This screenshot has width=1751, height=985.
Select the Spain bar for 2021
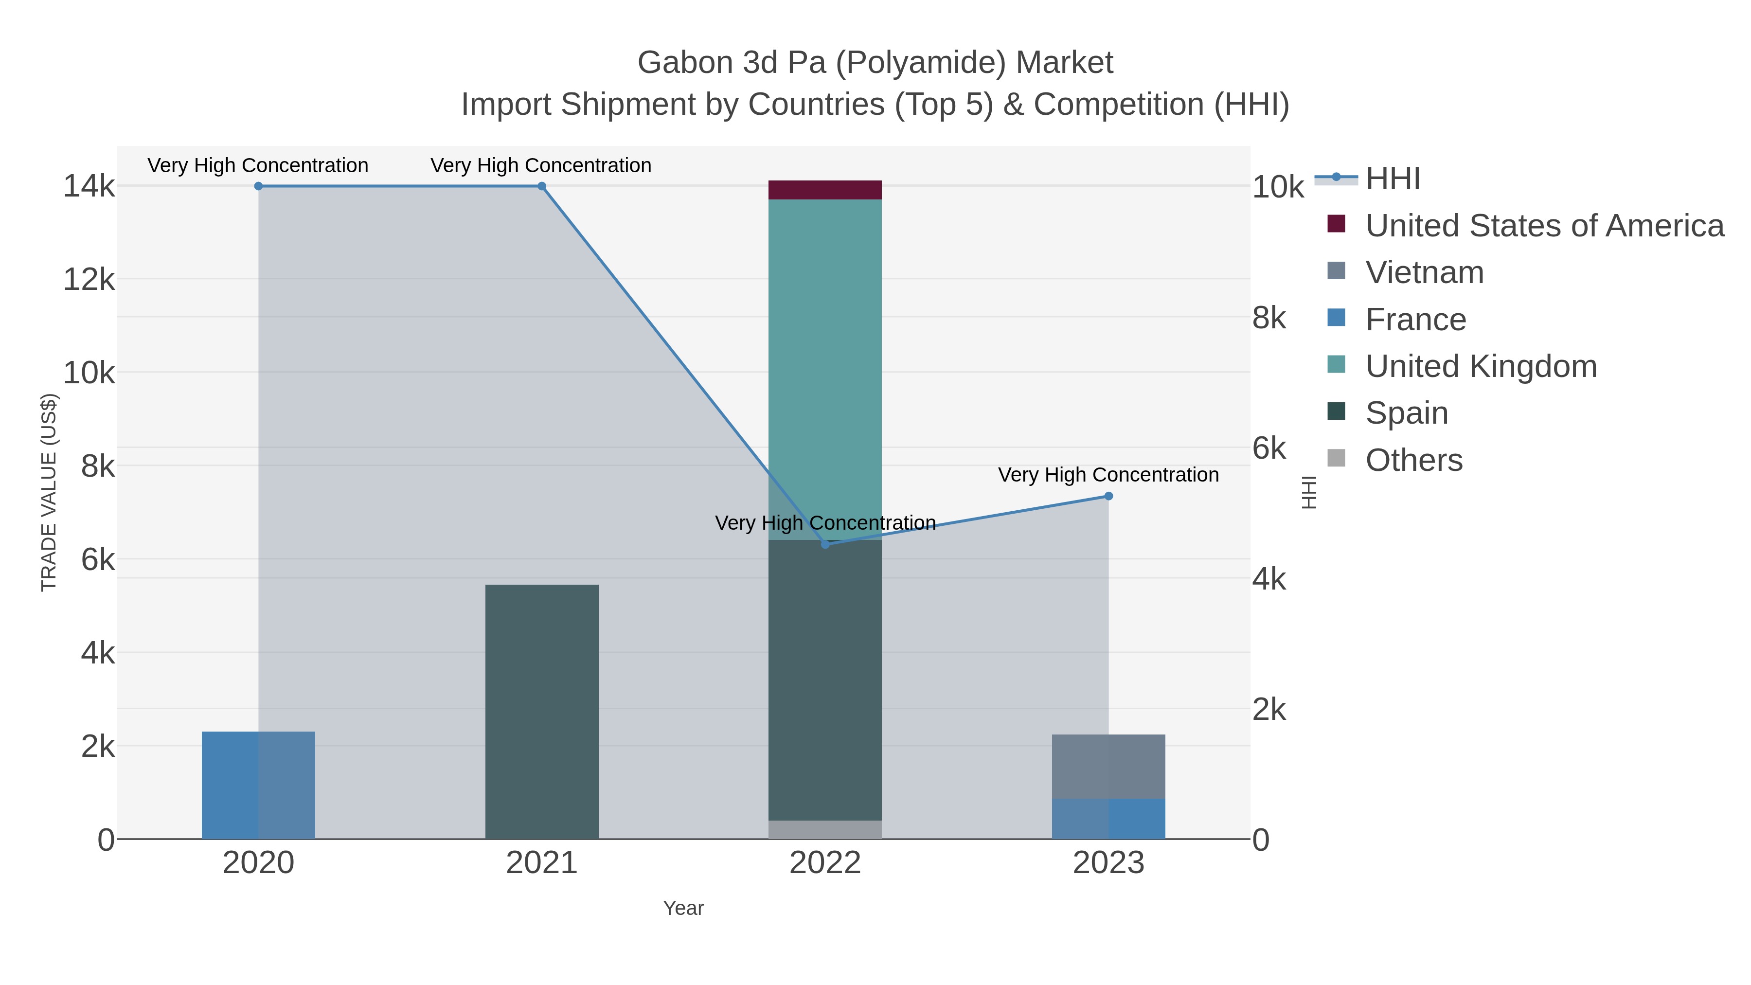[x=542, y=711]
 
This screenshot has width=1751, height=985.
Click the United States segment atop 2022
[x=824, y=190]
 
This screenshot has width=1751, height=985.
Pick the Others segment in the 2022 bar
[x=824, y=829]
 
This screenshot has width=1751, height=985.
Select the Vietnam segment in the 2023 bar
[x=1108, y=766]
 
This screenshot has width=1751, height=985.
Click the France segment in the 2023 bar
[x=1108, y=819]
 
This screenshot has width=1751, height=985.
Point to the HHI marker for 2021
[x=542, y=186]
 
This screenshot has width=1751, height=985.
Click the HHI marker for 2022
[x=825, y=544]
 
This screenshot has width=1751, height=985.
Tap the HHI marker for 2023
[x=1108, y=496]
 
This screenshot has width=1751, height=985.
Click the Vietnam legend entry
[x=1424, y=272]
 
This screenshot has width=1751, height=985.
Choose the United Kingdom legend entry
[x=1481, y=366]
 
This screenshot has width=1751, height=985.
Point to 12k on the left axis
[x=89, y=279]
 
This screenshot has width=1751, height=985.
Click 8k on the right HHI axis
[x=1269, y=318]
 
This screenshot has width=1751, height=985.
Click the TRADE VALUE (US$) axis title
[x=49, y=492]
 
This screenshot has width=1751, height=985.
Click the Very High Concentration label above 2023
[x=1108, y=474]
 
